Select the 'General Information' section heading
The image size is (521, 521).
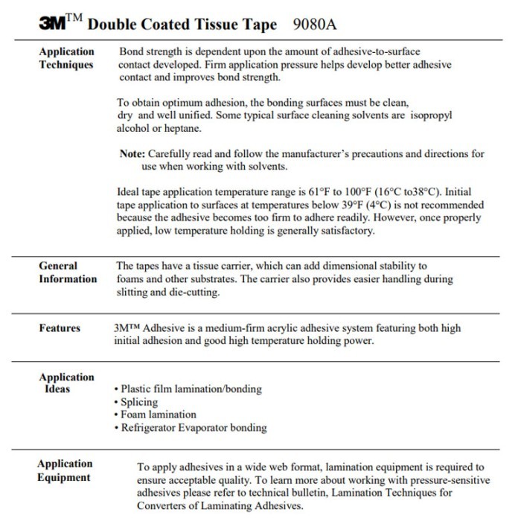[68, 272]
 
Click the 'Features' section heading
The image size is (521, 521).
[60, 327]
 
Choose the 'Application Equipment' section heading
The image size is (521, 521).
[65, 470]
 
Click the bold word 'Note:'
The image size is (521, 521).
[134, 154]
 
